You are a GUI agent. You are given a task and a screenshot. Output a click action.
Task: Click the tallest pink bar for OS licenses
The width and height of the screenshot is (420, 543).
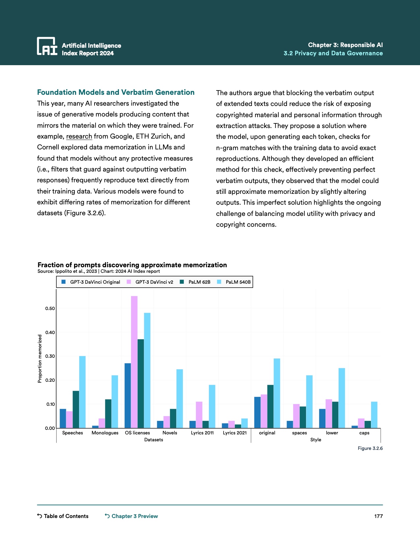[x=134, y=362]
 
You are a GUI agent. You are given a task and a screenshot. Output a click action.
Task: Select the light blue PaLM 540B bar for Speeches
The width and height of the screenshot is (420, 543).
[x=82, y=392]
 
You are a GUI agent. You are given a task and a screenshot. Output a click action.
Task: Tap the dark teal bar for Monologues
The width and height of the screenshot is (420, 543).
[x=108, y=414]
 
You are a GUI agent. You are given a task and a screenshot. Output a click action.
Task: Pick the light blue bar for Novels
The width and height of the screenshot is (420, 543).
[x=180, y=399]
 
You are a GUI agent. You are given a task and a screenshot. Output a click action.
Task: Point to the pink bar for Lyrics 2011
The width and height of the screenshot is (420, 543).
[x=199, y=415]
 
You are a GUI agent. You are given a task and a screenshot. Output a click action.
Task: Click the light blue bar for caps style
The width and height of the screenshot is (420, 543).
[x=374, y=415]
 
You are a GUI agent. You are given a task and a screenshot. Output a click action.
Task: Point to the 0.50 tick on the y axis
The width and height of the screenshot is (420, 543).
[x=50, y=308]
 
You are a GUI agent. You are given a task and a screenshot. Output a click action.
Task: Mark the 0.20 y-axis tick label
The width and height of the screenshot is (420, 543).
[x=50, y=380]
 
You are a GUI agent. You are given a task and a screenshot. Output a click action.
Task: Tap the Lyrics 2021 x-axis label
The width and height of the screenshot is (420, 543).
[x=235, y=433]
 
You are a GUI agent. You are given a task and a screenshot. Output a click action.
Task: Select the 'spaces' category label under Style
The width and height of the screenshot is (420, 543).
[x=299, y=433]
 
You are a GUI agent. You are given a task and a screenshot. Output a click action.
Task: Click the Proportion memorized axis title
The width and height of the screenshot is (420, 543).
[x=40, y=359]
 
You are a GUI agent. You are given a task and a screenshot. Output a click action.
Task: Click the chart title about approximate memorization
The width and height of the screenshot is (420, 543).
[x=132, y=265]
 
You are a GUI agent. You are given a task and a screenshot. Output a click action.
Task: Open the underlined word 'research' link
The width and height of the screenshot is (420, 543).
[x=79, y=136]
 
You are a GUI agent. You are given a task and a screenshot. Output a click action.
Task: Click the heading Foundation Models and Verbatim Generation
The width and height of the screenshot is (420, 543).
[x=116, y=92]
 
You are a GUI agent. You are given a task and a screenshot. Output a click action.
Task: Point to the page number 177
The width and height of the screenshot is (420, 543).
[x=378, y=516]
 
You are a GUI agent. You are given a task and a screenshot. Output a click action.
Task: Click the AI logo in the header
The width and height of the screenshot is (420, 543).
[x=47, y=46]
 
